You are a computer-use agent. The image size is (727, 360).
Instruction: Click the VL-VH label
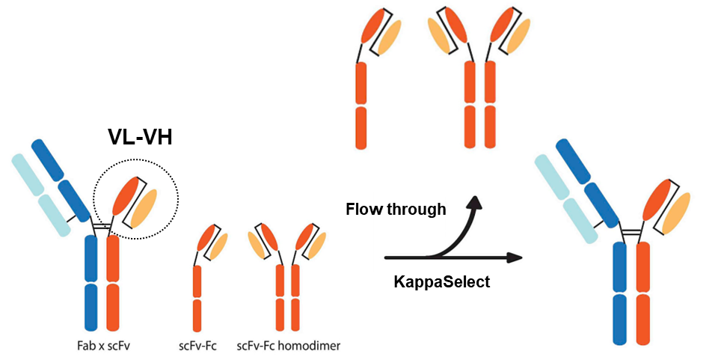tap(141, 136)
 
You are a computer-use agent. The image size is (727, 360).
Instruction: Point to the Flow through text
tap(396, 210)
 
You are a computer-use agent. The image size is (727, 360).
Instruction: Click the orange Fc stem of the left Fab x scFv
tap(112, 284)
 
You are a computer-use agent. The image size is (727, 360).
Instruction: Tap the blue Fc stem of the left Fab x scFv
tap(91, 284)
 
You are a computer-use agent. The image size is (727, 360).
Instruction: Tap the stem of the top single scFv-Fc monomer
tap(361, 105)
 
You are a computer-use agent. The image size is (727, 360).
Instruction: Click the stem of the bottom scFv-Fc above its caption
tap(197, 299)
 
